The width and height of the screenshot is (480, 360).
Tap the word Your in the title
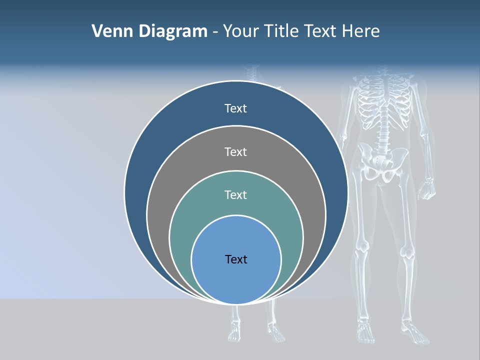coord(240,31)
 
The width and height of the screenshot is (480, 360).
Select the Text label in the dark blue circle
coord(235,108)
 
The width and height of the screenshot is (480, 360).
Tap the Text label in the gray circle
coord(235,151)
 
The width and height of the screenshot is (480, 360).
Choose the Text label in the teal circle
coord(235,195)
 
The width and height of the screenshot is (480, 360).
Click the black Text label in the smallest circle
coord(236,259)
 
